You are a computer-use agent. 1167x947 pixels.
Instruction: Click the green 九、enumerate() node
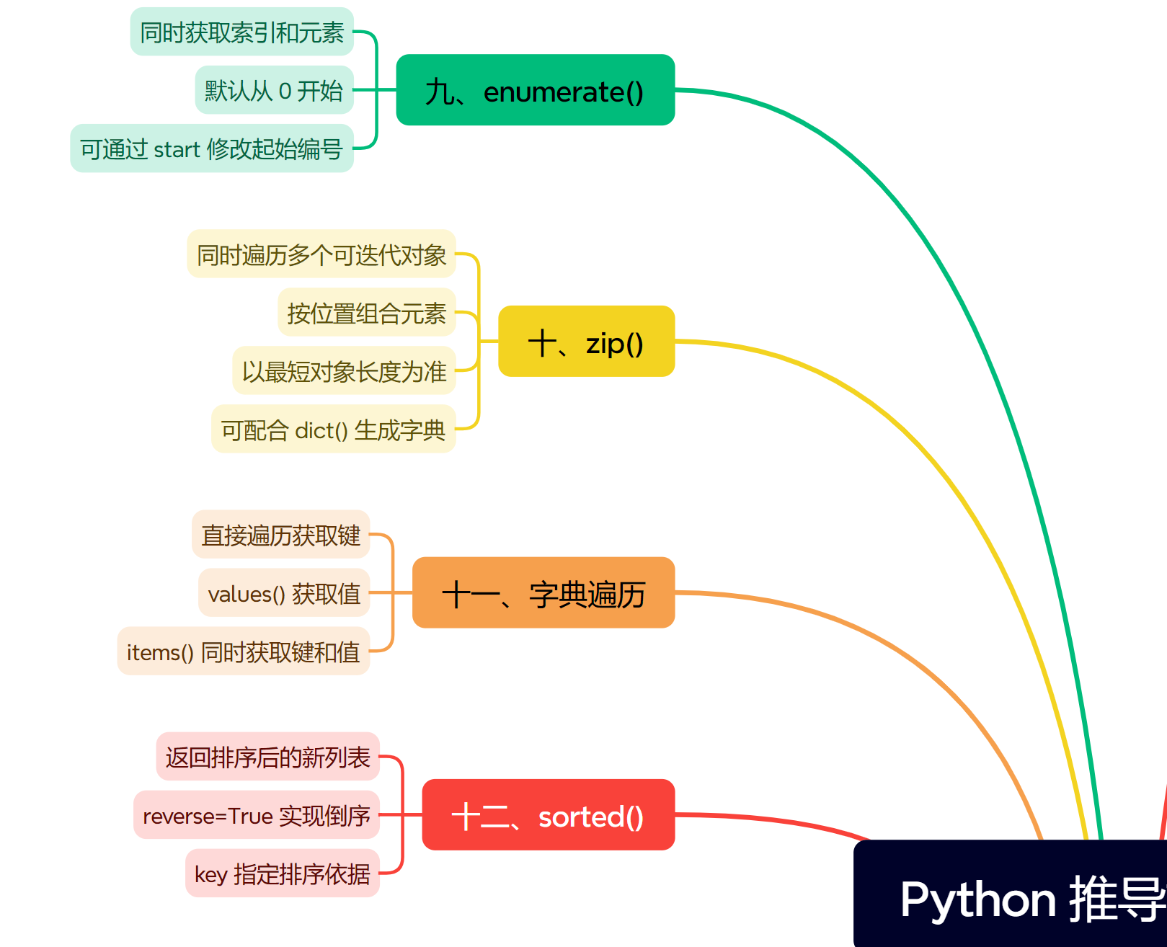click(x=536, y=90)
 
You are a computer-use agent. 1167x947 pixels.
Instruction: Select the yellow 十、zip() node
click(x=586, y=341)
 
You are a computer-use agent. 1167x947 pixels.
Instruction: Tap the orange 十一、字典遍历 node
click(x=543, y=592)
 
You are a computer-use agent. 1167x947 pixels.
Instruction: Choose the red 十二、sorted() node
click(x=549, y=815)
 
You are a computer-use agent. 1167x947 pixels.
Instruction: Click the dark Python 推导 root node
click(x=1011, y=894)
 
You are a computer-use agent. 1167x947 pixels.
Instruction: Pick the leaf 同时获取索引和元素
click(x=241, y=32)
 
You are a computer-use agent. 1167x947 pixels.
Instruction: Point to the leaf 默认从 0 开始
click(x=274, y=90)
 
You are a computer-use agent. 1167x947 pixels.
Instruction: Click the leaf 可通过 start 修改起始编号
click(x=211, y=148)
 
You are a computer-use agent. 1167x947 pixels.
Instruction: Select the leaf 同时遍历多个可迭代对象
click(x=321, y=254)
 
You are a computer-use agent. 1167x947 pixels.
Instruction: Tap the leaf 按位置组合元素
click(x=367, y=312)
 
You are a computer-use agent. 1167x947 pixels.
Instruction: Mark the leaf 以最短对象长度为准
click(x=344, y=371)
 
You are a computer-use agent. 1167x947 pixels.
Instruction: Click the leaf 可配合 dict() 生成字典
click(x=333, y=429)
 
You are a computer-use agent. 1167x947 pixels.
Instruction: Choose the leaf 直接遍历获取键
click(x=280, y=535)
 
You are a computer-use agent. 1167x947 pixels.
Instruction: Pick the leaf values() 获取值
click(x=284, y=592)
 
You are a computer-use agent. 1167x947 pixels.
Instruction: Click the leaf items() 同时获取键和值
click(x=243, y=652)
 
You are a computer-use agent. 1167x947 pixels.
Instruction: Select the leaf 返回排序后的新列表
click(x=267, y=757)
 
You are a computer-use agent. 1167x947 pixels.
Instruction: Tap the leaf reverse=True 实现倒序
click(x=257, y=815)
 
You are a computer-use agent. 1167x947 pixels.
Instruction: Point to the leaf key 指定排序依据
click(x=282, y=873)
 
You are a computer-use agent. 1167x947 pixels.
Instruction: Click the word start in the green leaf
click(x=177, y=149)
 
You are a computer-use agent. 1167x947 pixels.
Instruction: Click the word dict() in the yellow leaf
click(x=321, y=431)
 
